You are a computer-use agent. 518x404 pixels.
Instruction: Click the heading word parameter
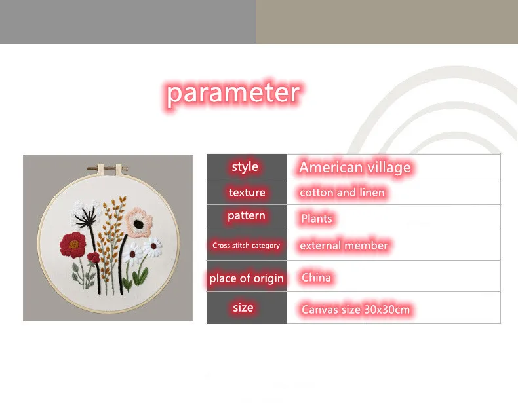point(233,94)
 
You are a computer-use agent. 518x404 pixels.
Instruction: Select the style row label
point(245,167)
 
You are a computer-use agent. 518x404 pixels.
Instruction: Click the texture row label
point(247,193)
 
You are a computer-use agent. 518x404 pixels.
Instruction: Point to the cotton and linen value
point(342,193)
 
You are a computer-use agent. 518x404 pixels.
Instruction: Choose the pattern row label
point(247,216)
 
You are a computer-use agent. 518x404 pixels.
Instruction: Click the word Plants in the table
point(317,218)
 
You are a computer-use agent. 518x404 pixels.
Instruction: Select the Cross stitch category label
point(246,246)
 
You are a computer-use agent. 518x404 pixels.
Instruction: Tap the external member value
point(344,246)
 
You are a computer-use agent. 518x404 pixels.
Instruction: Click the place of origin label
point(247,278)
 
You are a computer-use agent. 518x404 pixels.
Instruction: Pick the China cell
point(316,278)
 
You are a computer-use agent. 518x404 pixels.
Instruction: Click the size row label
point(243,308)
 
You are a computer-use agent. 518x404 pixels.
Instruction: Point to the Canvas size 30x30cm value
point(355,309)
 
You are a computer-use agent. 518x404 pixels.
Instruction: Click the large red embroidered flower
point(73,244)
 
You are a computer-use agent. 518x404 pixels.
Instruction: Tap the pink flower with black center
point(139,222)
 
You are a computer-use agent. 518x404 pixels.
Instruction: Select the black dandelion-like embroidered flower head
point(85,217)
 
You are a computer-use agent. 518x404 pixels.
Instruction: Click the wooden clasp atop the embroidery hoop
point(108,169)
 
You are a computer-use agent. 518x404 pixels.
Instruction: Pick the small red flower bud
point(94,257)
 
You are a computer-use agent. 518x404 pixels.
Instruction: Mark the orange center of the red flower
point(73,244)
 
